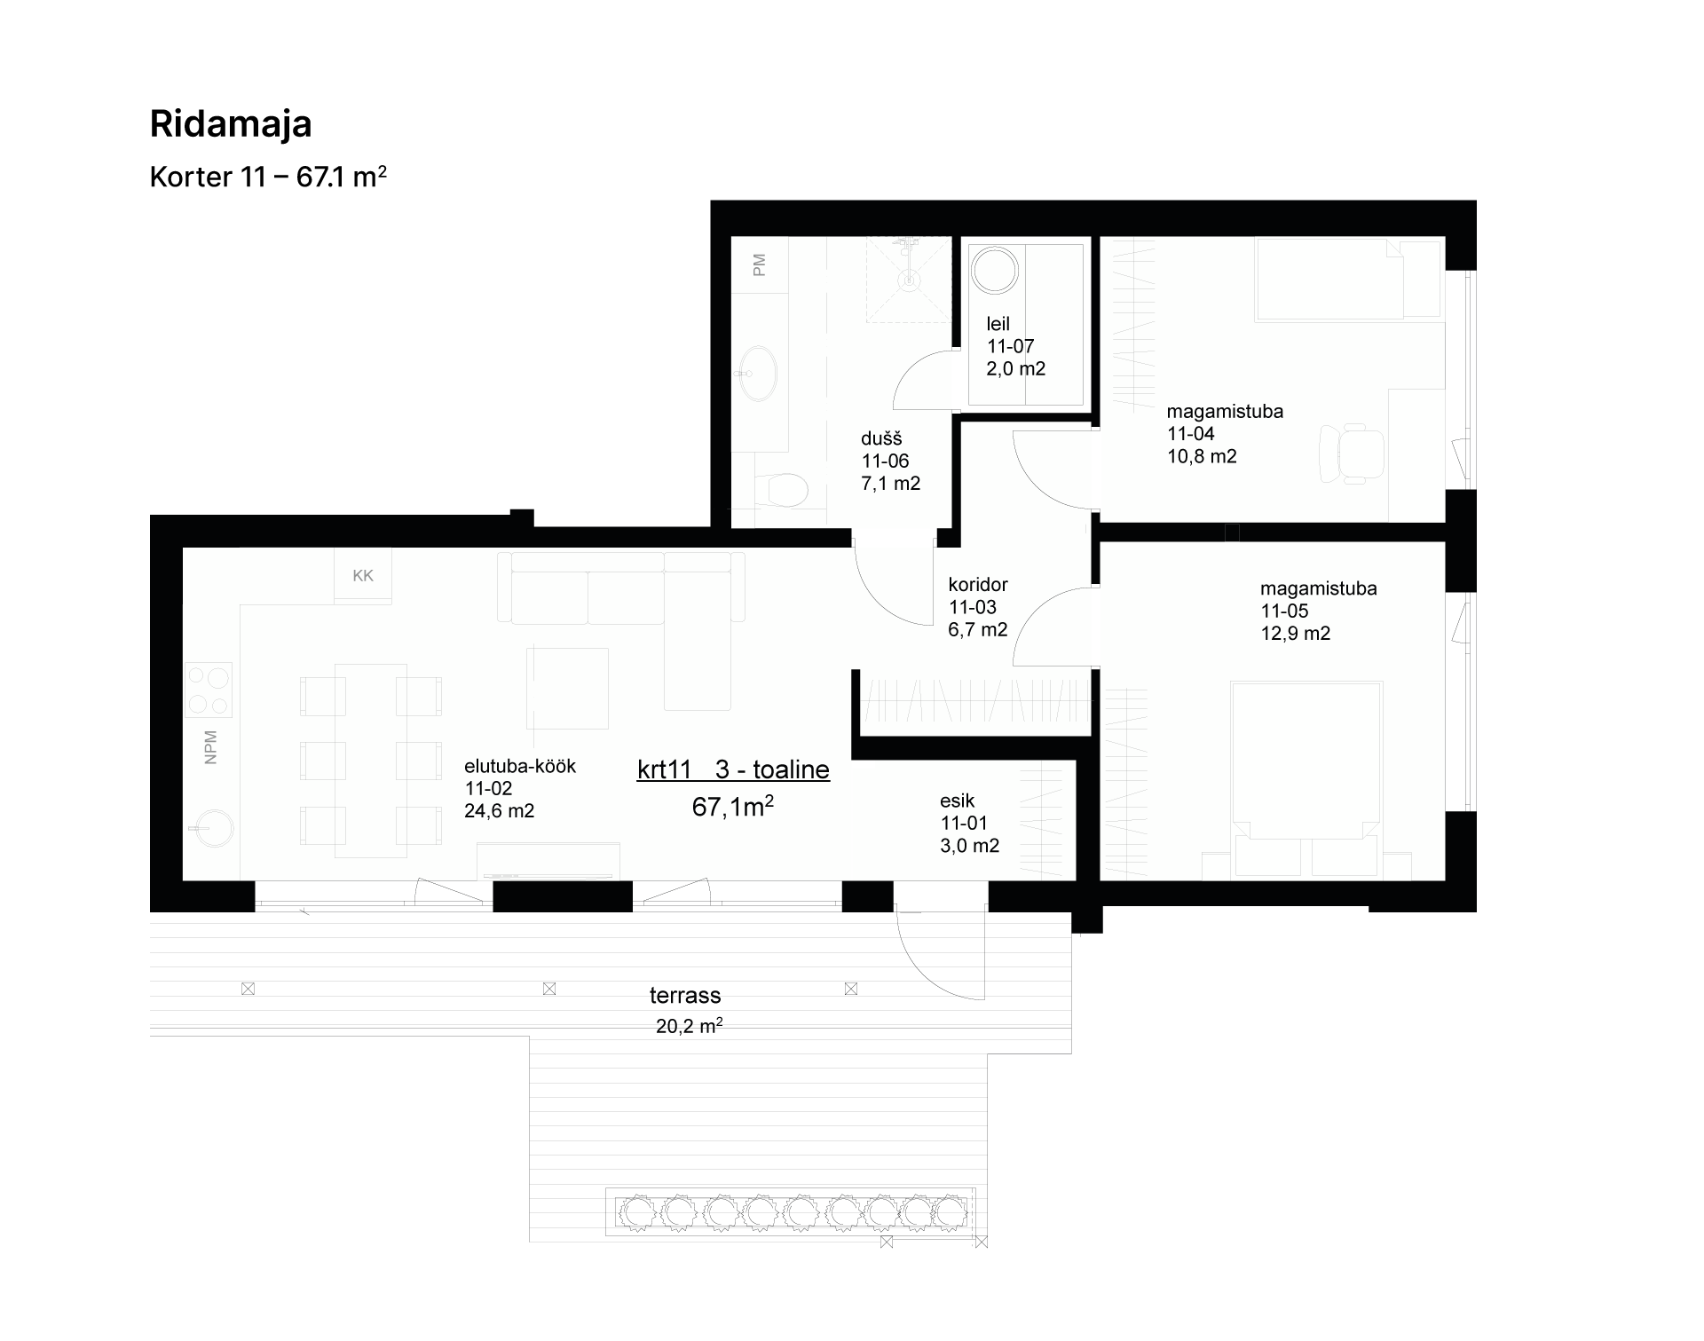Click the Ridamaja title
coord(231,125)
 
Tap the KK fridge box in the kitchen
coord(363,575)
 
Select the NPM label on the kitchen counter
coord(210,747)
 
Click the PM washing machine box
coord(759,265)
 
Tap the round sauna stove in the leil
coord(994,270)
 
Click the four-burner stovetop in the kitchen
coord(209,690)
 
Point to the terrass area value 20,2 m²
coord(689,1027)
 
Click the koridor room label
coord(978,585)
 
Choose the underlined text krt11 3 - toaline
coord(733,770)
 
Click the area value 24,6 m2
coord(499,811)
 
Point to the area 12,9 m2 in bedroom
coord(1296,634)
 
